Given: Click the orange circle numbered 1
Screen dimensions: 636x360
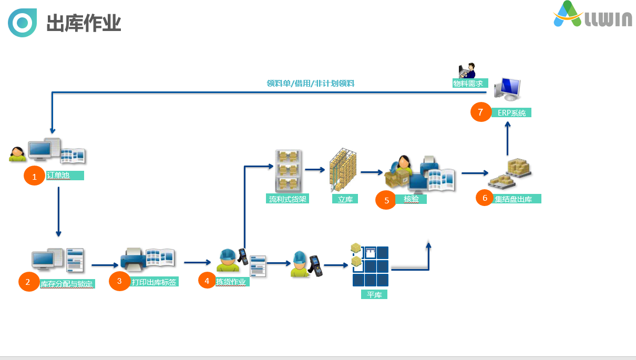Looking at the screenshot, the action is (x=34, y=176).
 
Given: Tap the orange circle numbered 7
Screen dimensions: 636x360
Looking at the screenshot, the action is (x=481, y=112).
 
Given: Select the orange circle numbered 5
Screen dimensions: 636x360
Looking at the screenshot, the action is (x=386, y=200).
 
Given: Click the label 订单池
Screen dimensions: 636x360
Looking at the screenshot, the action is (x=65, y=176).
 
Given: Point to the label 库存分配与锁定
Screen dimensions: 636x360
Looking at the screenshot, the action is (x=67, y=284).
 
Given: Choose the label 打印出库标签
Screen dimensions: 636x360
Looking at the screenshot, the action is (x=154, y=282).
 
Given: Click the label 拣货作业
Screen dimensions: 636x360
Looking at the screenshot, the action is (x=232, y=282).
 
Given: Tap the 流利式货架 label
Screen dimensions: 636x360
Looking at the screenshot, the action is (x=288, y=199).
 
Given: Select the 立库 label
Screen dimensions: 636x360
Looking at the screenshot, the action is (x=345, y=199).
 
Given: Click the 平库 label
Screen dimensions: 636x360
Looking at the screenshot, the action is (x=374, y=294).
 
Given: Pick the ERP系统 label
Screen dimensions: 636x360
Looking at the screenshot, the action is (x=511, y=112).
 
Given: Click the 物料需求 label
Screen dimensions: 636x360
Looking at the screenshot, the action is (x=470, y=83).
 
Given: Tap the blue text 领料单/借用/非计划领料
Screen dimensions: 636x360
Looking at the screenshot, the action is (x=310, y=83).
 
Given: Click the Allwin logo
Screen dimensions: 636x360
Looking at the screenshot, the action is (x=592, y=14).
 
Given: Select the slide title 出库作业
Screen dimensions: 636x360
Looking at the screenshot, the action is (x=84, y=23).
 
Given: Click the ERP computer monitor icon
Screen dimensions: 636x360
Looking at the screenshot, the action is (x=507, y=89).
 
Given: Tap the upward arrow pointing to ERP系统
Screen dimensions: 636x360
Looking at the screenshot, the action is (x=508, y=138).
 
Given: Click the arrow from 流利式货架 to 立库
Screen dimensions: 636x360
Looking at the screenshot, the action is (x=315, y=170).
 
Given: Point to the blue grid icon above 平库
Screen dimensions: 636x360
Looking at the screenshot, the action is (x=370, y=265).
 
